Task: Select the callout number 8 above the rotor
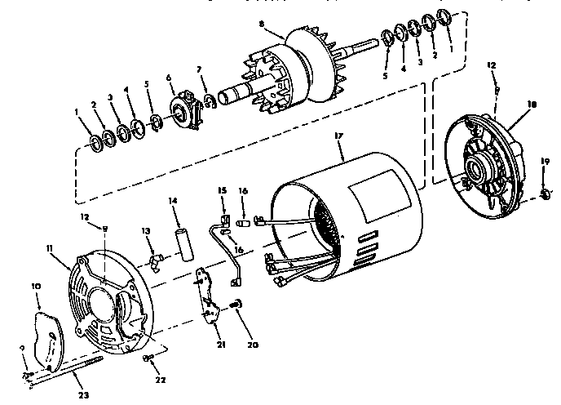pyautogui.click(x=261, y=25)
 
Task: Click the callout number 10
pyautogui.click(x=36, y=286)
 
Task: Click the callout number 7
pyautogui.click(x=198, y=69)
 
